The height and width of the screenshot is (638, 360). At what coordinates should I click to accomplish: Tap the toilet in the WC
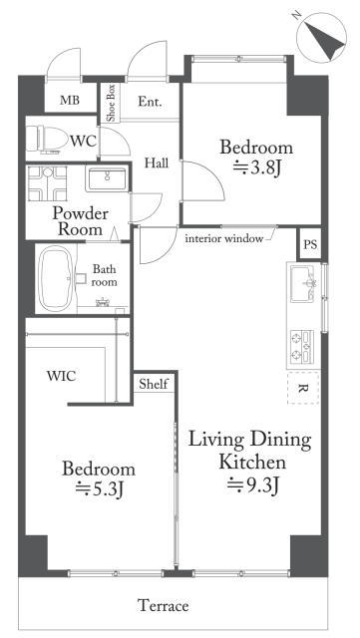pos(47,139)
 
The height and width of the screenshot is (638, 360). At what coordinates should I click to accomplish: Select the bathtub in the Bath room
pos(56,279)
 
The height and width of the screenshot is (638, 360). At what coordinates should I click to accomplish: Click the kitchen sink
pos(302,283)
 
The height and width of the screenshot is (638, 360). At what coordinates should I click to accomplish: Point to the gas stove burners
pos(302,346)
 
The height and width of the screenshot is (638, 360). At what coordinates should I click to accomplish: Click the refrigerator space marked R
pos(303,388)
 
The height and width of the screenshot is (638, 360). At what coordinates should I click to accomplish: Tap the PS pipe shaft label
pos(310,244)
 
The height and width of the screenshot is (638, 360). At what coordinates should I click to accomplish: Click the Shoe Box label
pos(111,103)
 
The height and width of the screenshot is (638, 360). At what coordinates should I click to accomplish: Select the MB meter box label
pos(70,100)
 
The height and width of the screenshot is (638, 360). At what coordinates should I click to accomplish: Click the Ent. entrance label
pos(150,102)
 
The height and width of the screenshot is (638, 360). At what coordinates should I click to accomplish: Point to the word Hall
pos(157,163)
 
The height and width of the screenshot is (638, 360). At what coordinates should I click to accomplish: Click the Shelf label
pos(154,384)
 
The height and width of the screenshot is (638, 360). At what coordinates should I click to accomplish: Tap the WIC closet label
pos(61,376)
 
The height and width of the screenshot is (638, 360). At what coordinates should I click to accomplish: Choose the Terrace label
pos(163,605)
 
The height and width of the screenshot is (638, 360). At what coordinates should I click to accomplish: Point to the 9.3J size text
pos(253,484)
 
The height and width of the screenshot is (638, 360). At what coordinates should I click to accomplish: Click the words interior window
pos(224,239)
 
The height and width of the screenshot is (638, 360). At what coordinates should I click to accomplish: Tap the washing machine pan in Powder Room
pos(48,183)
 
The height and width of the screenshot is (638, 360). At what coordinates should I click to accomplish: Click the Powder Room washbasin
pos(107,179)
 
